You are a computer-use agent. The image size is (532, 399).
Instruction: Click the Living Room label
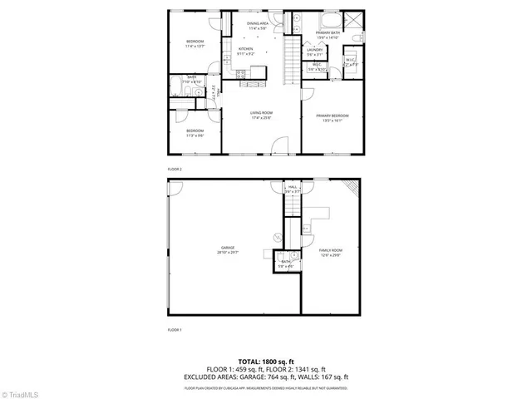point(262,112)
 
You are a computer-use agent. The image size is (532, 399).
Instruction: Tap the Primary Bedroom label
point(332,116)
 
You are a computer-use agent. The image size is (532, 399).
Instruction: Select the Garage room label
point(227,247)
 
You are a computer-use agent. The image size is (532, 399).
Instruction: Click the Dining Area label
point(258,24)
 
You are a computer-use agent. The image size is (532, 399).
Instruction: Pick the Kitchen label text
point(245,49)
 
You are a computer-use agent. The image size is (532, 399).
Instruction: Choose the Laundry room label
point(314,50)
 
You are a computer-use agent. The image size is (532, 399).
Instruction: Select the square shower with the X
point(352,21)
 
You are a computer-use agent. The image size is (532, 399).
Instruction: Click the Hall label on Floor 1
point(293,187)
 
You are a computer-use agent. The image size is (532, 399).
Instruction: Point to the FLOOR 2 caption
point(175,169)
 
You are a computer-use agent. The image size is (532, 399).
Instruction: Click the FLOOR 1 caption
point(175,330)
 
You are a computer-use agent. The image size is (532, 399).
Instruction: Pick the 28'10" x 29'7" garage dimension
point(227,252)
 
